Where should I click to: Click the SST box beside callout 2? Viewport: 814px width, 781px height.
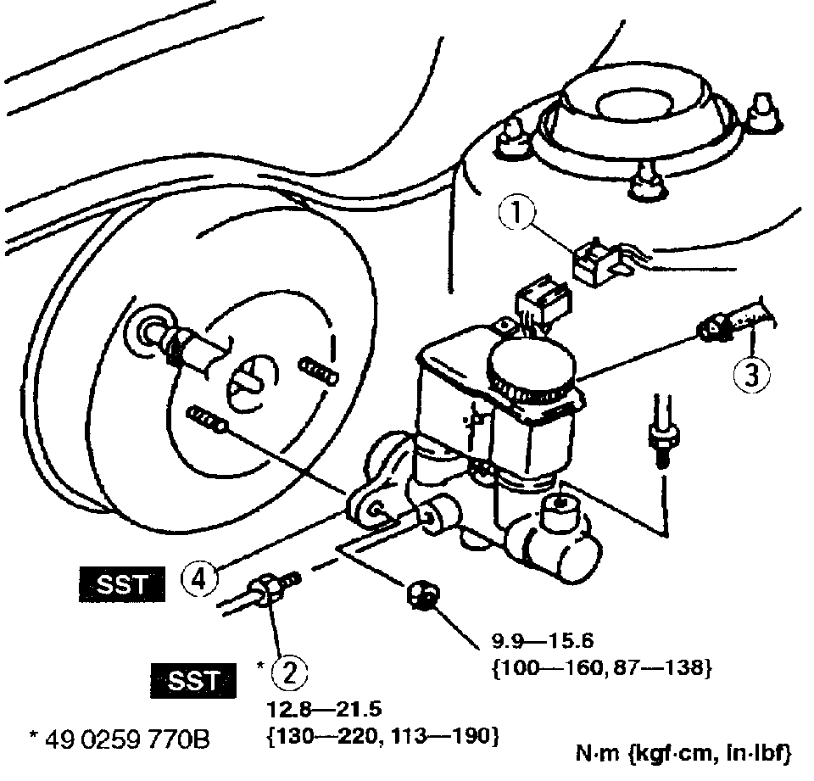point(193,681)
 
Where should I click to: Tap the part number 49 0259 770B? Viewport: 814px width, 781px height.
point(119,741)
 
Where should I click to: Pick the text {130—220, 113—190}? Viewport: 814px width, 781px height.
point(382,734)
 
